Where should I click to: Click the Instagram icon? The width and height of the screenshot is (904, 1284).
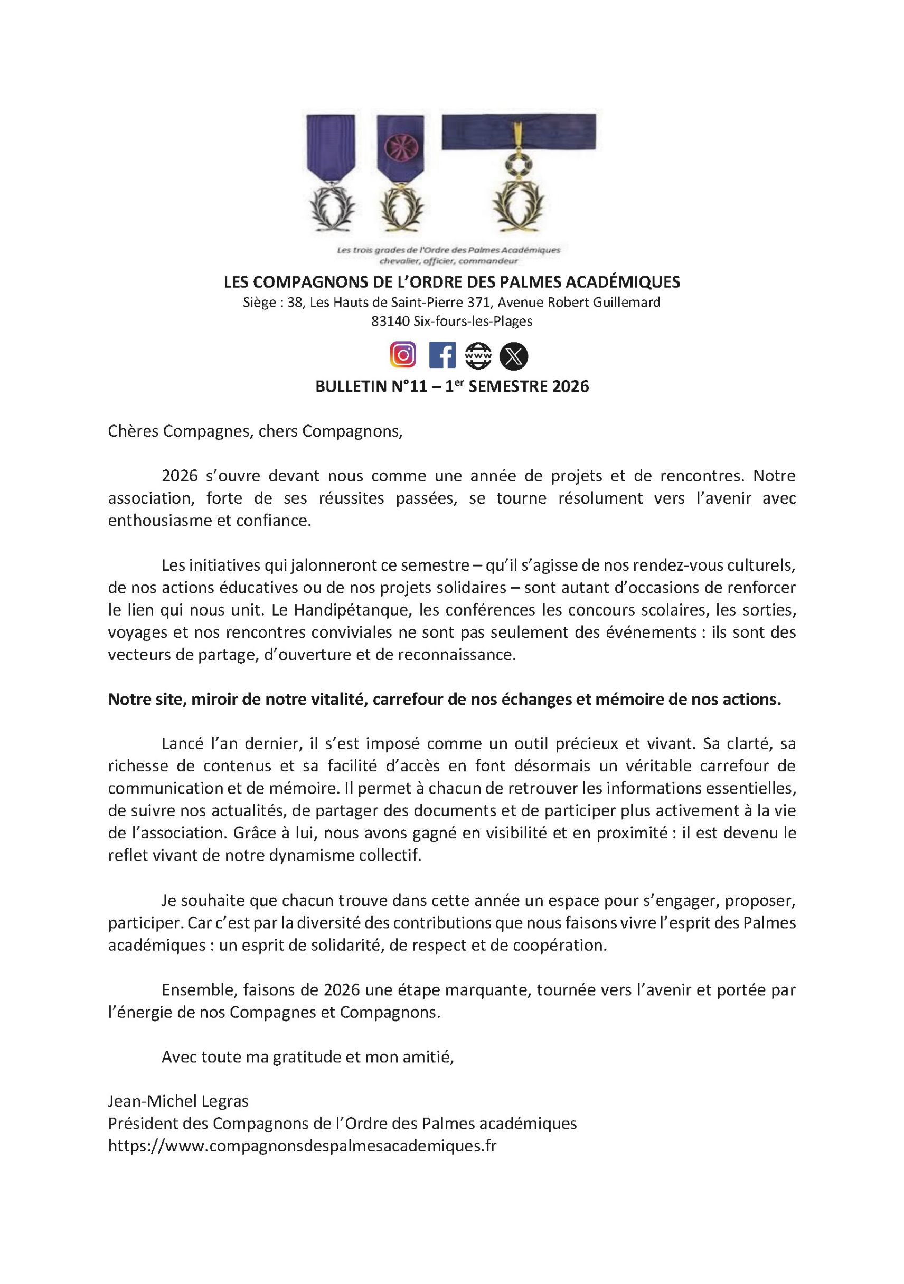(403, 356)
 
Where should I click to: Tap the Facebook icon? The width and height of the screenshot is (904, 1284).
(442, 356)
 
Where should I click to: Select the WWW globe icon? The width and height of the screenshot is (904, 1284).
(478, 356)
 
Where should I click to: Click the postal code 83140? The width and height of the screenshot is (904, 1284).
(389, 322)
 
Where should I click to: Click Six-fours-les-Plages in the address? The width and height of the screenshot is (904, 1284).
(472, 322)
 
